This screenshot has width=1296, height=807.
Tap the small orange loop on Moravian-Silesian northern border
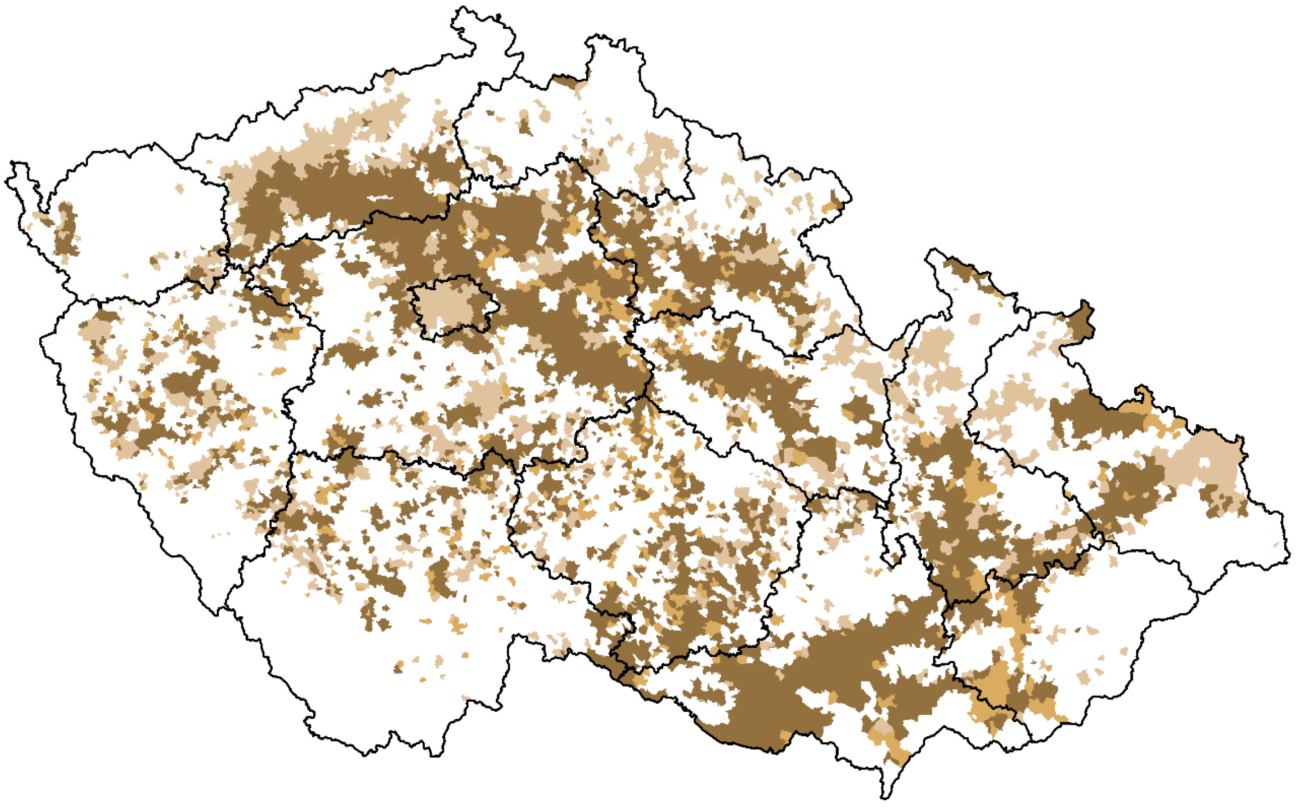pyautogui.click(x=1141, y=395)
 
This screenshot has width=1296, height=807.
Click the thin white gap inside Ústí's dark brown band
pyautogui.click(x=382, y=198)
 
